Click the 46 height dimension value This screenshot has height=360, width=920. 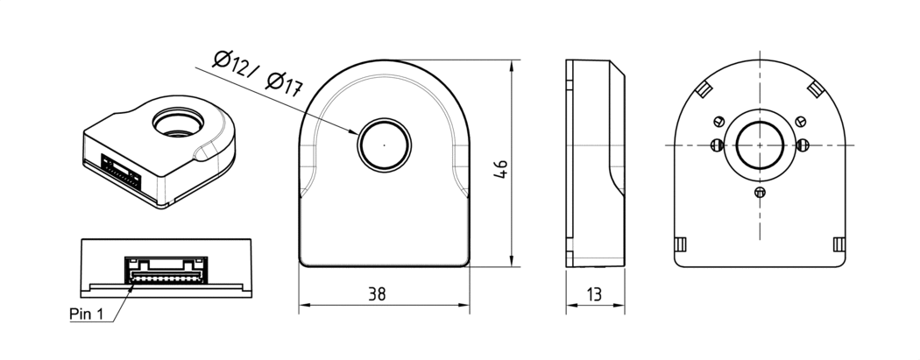click(500, 168)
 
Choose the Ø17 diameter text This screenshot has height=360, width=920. click(283, 83)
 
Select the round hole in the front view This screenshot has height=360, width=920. click(384, 143)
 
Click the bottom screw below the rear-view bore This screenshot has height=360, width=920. click(760, 192)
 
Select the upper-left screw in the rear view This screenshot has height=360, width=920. click(719, 122)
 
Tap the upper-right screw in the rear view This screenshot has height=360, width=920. click(801, 122)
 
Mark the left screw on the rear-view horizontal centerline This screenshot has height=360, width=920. click(717, 145)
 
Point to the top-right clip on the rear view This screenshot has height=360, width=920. click(815, 88)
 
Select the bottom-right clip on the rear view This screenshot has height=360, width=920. click(838, 244)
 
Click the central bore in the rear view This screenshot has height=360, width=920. click(760, 144)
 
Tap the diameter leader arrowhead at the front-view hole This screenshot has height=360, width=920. click(355, 133)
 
